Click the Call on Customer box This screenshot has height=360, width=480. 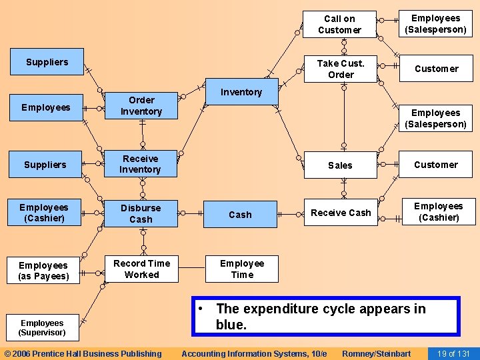click(x=339, y=25)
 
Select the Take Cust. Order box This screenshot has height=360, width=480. click(x=340, y=69)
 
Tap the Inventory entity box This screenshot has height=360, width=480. click(x=241, y=92)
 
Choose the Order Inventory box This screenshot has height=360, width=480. click(x=141, y=106)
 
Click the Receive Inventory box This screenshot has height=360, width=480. click(x=141, y=164)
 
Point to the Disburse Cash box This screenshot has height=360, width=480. click(x=141, y=213)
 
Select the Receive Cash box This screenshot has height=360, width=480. click(x=341, y=213)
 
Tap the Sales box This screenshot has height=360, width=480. click(x=340, y=165)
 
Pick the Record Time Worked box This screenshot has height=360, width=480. click(x=141, y=269)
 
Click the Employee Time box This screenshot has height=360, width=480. click(x=241, y=269)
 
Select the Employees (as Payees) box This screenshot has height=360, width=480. click(x=44, y=271)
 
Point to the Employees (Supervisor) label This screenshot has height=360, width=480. click(x=42, y=327)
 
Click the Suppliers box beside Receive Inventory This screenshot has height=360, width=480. click(x=45, y=165)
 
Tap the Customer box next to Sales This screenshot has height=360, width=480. click(x=435, y=165)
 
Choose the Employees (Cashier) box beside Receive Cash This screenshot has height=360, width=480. click(x=438, y=211)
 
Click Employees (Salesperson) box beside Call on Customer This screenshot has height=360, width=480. click(x=435, y=24)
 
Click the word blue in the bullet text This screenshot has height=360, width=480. click(x=231, y=325)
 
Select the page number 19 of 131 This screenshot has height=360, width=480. click(x=453, y=353)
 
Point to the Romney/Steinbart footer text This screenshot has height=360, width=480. click(x=376, y=353)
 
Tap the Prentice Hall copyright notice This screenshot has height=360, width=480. click(x=83, y=353)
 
